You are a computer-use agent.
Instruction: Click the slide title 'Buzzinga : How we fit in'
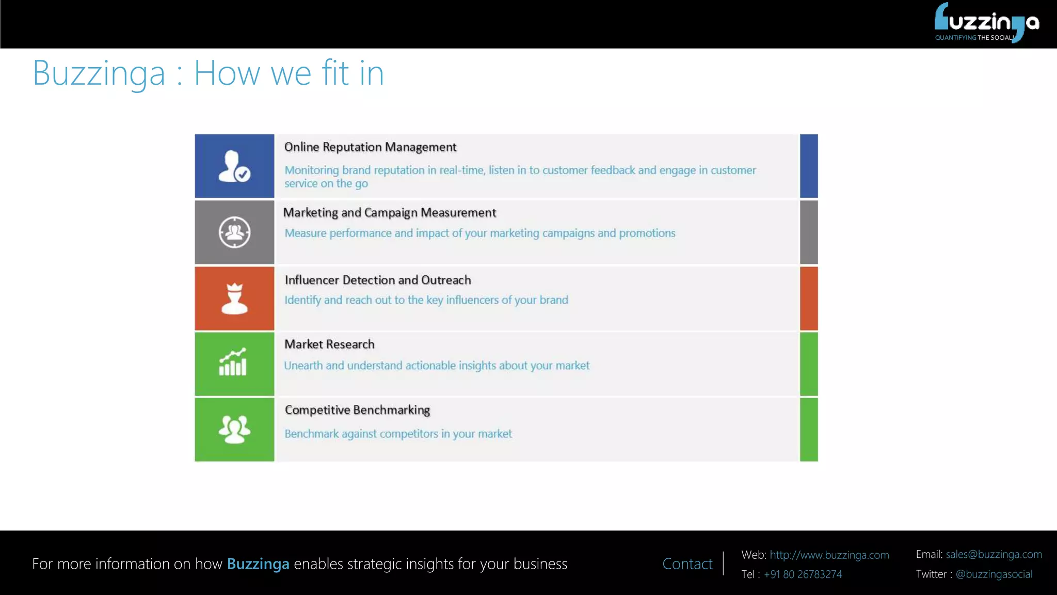(x=208, y=73)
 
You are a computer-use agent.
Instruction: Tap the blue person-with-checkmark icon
(x=234, y=166)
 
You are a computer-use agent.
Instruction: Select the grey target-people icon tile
(x=234, y=232)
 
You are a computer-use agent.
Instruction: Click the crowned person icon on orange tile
(x=234, y=299)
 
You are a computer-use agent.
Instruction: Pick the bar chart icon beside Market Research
(x=233, y=363)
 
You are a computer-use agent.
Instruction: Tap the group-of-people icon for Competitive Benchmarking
(x=234, y=429)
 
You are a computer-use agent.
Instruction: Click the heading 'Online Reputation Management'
(x=370, y=147)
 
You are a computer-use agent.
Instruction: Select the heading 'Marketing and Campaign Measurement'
(x=389, y=213)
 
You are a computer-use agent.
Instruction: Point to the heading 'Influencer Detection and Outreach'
(x=378, y=280)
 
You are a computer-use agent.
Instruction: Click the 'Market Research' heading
(x=329, y=345)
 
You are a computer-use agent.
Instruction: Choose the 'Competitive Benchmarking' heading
(x=357, y=410)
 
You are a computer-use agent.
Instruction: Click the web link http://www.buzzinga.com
(x=829, y=555)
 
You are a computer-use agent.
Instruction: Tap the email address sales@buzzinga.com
(x=994, y=555)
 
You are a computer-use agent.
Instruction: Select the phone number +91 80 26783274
(x=803, y=574)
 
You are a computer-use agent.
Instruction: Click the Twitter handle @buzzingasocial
(x=994, y=574)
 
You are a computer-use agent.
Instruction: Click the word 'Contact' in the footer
(x=687, y=564)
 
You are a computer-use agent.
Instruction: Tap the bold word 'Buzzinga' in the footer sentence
(x=258, y=564)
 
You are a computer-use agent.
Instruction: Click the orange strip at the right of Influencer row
(x=809, y=299)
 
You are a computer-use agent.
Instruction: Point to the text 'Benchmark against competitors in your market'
(x=398, y=434)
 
